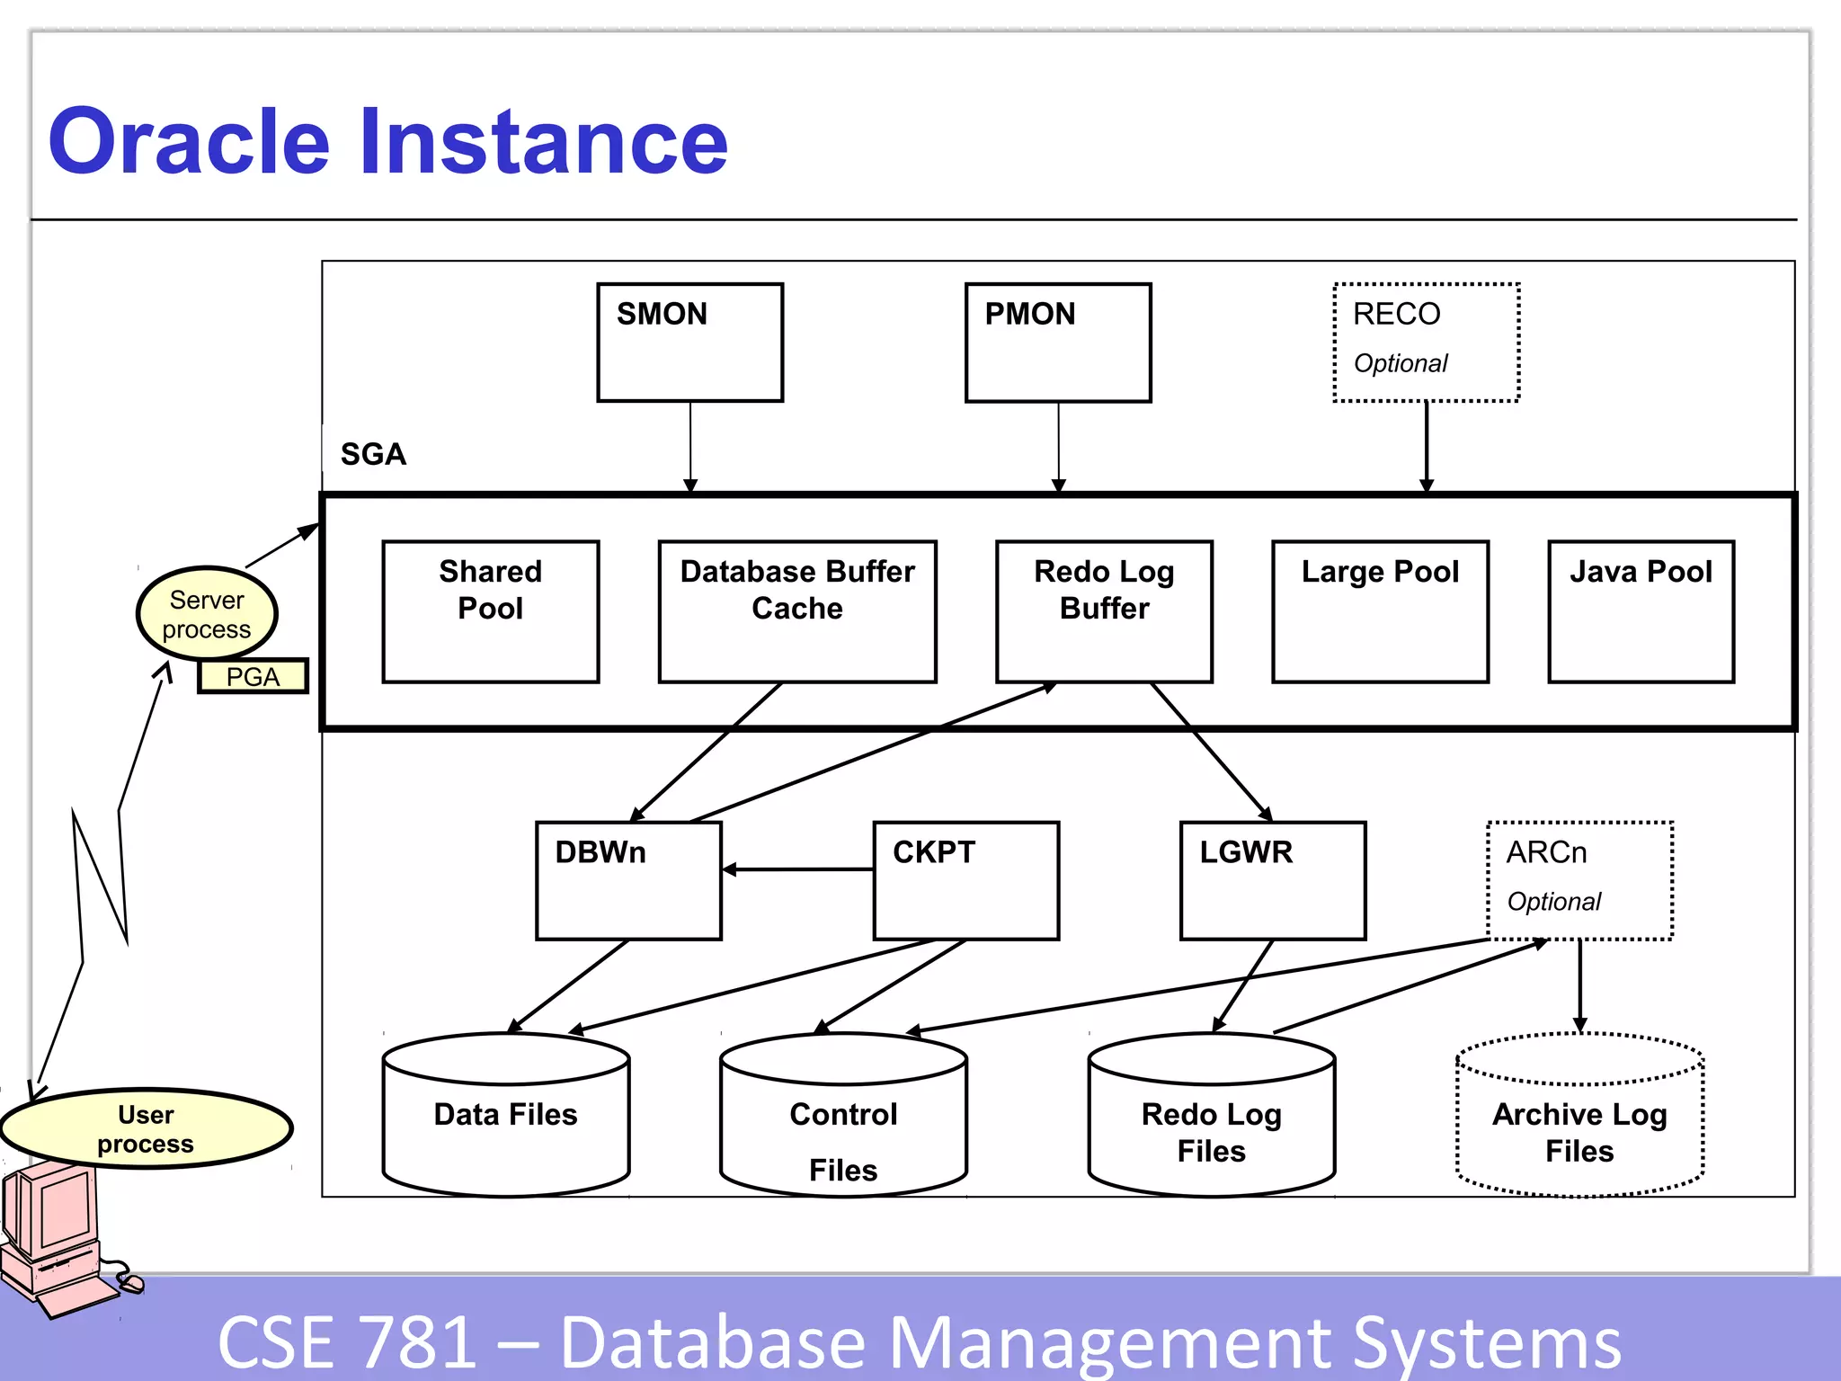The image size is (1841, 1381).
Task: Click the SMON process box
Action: click(x=689, y=343)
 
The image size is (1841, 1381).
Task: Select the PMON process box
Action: click(x=1058, y=343)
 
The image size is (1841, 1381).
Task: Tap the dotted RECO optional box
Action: click(x=1426, y=343)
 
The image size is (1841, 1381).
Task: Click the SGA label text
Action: click(x=373, y=454)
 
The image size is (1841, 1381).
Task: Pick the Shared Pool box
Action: click(x=490, y=611)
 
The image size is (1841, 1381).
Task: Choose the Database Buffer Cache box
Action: click(x=797, y=611)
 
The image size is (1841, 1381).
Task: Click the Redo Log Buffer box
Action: click(x=1104, y=611)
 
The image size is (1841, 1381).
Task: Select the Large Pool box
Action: click(x=1380, y=611)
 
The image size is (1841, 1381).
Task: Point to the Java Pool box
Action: click(x=1641, y=611)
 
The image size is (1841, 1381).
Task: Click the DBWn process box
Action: click(x=628, y=880)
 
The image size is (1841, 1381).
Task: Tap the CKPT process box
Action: click(x=965, y=880)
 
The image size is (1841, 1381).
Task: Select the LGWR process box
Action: click(x=1273, y=880)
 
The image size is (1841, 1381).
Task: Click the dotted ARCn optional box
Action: click(x=1579, y=880)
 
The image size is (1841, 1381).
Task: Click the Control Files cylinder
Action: click(x=843, y=1124)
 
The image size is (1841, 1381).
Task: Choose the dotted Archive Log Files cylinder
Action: click(x=1579, y=1124)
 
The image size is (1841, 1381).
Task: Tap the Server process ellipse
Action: click(x=207, y=614)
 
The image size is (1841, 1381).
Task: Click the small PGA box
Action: click(x=253, y=676)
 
